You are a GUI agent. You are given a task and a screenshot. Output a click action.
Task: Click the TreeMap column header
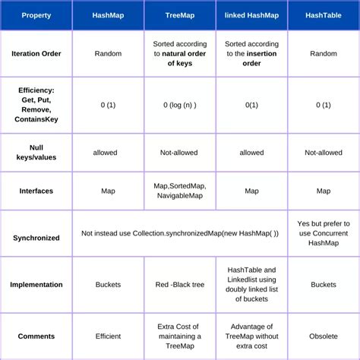179,15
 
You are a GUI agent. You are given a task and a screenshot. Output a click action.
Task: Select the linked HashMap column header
251,15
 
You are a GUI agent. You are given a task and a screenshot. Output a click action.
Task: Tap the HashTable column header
324,15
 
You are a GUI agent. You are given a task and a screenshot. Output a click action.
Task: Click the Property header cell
36,15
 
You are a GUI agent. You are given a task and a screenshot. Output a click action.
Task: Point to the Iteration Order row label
36,54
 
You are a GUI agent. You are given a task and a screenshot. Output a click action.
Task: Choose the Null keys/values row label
36,153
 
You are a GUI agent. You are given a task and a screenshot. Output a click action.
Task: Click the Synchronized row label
36,238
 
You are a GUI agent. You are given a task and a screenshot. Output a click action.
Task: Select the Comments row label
36,336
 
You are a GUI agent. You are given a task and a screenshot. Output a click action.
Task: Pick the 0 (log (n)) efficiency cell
179,105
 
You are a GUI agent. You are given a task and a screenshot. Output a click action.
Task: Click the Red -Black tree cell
179,285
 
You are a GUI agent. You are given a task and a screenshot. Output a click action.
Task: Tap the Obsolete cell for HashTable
324,336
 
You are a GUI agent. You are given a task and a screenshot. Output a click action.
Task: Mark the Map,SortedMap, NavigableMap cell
179,191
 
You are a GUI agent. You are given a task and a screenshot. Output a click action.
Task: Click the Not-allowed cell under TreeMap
179,153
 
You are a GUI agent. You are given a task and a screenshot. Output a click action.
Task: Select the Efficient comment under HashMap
109,336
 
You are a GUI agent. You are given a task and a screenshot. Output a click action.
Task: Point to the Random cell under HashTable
324,54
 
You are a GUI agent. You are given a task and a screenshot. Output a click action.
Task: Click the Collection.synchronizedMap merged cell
180,233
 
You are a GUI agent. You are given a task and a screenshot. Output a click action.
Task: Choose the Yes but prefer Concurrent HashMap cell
324,233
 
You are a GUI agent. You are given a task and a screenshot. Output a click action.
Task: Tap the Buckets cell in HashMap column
109,285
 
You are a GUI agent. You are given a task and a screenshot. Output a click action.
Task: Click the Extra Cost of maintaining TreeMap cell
179,336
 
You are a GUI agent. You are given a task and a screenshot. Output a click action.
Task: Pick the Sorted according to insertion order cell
251,54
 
